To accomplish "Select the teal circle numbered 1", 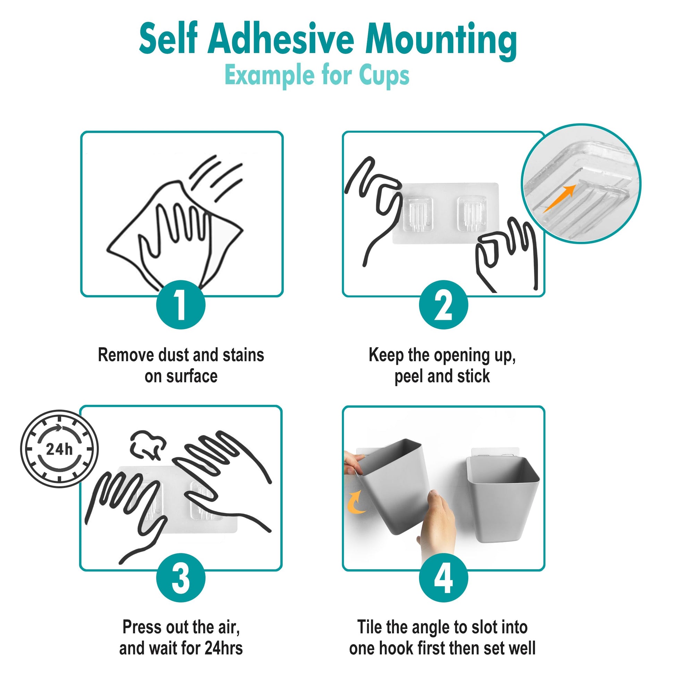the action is pos(181,304).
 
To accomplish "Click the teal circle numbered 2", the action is pos(443,304).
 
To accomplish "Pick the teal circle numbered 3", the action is pos(181,578).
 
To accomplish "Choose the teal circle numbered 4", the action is pos(443,578).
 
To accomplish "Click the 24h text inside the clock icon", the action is pos(59,449).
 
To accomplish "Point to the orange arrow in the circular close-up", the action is pos(559,198).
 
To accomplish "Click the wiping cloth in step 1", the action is pos(175,234).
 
